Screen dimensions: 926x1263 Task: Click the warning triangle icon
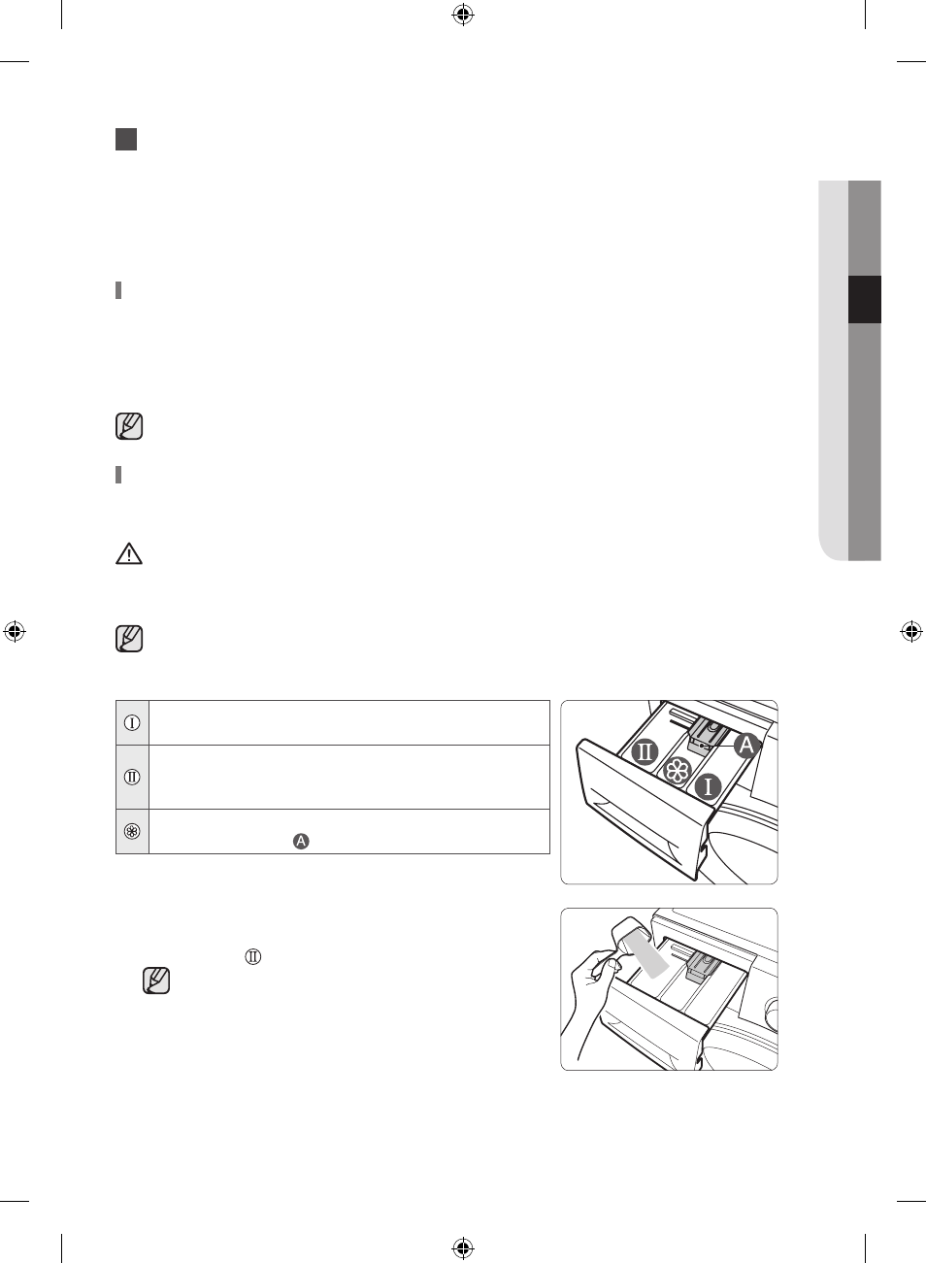(x=128, y=554)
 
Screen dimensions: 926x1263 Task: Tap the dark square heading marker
(x=126, y=139)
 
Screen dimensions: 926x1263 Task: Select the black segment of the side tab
(x=865, y=299)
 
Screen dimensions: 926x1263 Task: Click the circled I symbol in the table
(x=132, y=723)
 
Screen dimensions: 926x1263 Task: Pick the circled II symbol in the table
(x=132, y=777)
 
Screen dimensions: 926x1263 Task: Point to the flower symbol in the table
(x=132, y=832)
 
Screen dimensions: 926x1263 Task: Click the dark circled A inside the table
(x=301, y=842)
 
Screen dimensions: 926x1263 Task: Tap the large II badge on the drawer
(x=645, y=752)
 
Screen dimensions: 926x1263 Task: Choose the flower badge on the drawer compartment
(x=676, y=771)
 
